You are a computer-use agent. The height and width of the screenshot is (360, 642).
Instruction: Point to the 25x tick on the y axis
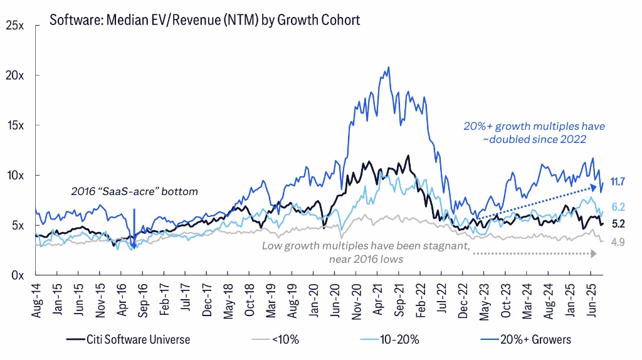point(15,26)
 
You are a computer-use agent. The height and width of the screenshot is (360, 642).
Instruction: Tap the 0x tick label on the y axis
point(18,275)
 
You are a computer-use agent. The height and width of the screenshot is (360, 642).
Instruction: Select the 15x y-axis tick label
point(15,125)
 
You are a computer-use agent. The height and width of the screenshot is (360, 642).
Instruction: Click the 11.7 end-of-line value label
point(618,182)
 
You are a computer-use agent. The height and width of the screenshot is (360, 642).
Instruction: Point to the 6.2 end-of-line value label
point(619,206)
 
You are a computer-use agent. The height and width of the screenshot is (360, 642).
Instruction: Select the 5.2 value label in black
point(619,223)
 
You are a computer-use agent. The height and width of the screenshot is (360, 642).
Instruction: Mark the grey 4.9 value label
point(619,242)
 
